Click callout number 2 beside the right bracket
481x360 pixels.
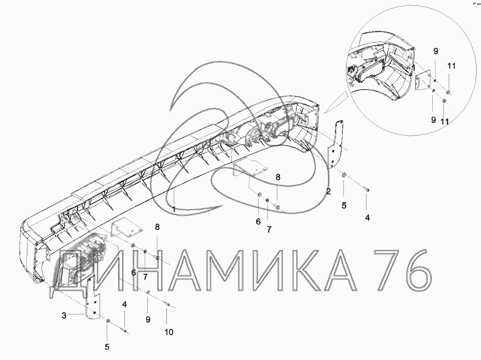tap(328, 191)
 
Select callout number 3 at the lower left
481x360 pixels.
tap(64, 315)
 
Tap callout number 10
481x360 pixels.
tap(169, 332)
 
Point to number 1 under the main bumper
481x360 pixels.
tap(173, 209)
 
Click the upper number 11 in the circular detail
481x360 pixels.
tap(451, 66)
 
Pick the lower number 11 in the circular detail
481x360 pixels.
tap(444, 122)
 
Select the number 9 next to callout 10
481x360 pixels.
tap(148, 320)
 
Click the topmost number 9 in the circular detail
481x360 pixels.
tap(436, 51)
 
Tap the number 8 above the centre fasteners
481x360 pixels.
tap(278, 177)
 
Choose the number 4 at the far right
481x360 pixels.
tap(367, 218)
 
